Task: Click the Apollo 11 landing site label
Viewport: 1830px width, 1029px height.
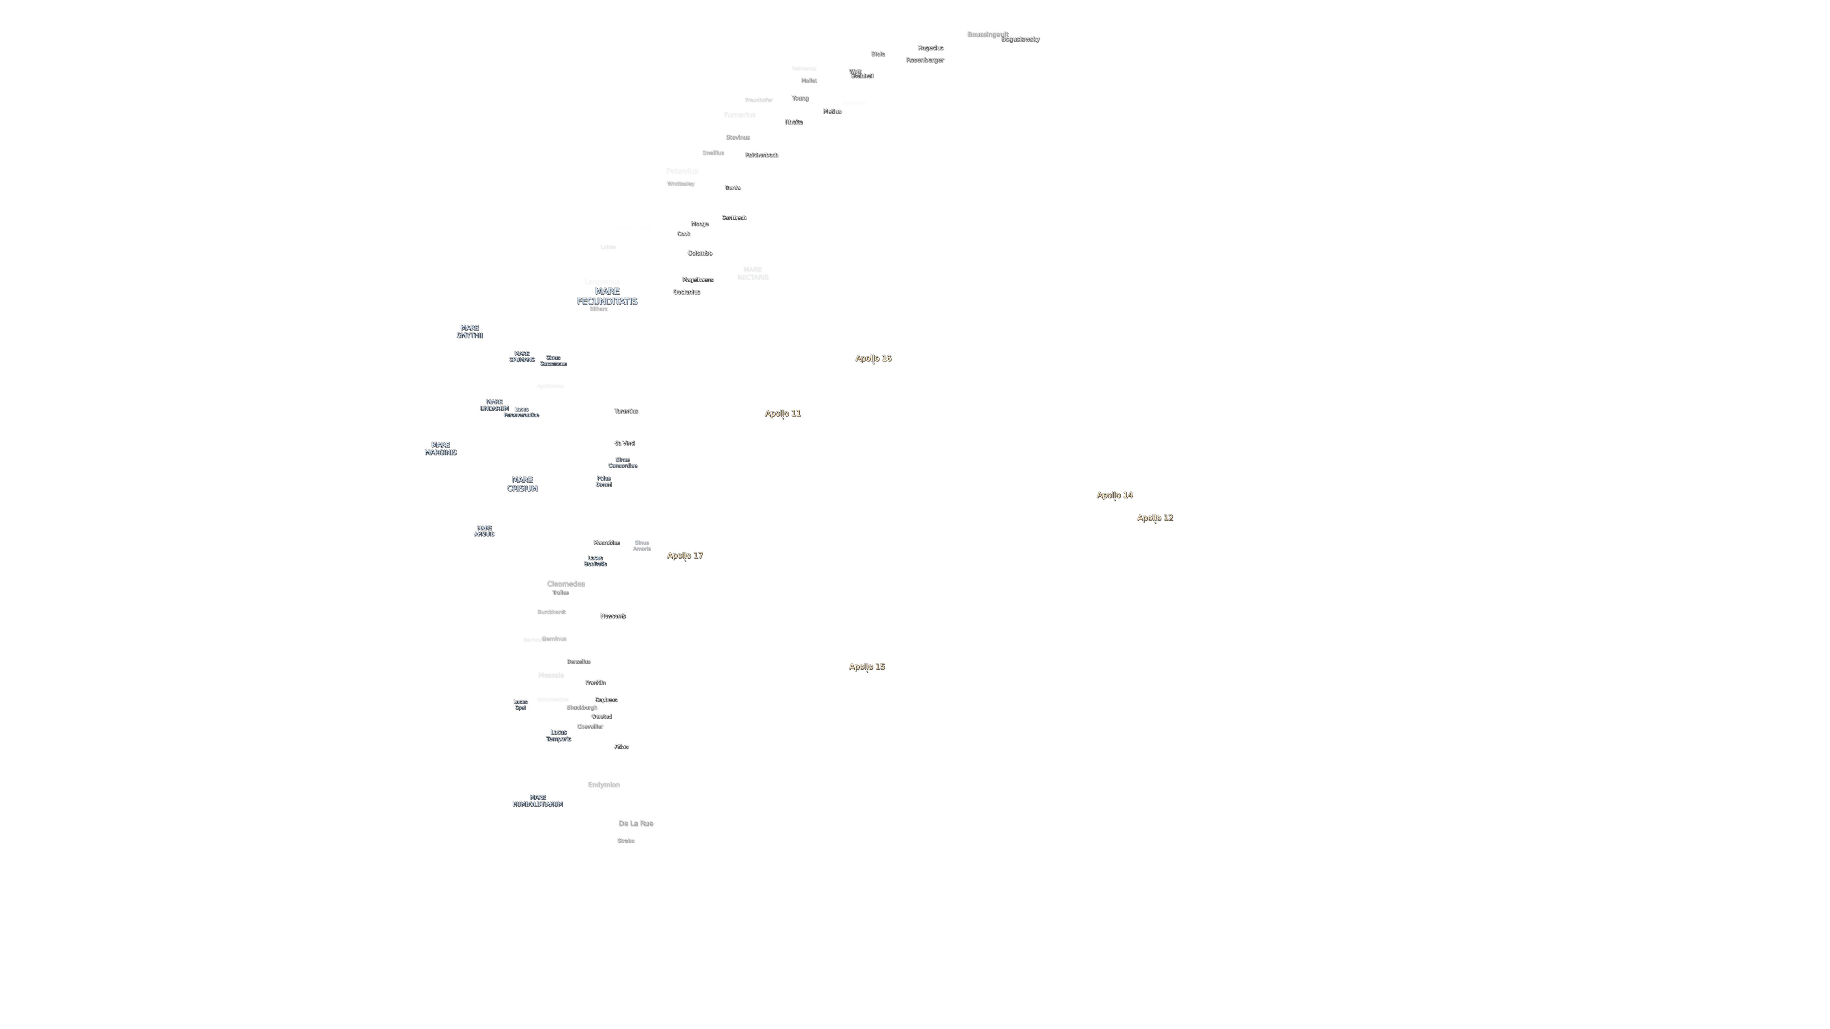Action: [x=782, y=413]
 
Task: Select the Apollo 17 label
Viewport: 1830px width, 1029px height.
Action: [x=685, y=555]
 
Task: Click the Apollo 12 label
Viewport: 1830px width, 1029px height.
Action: [x=1155, y=518]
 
